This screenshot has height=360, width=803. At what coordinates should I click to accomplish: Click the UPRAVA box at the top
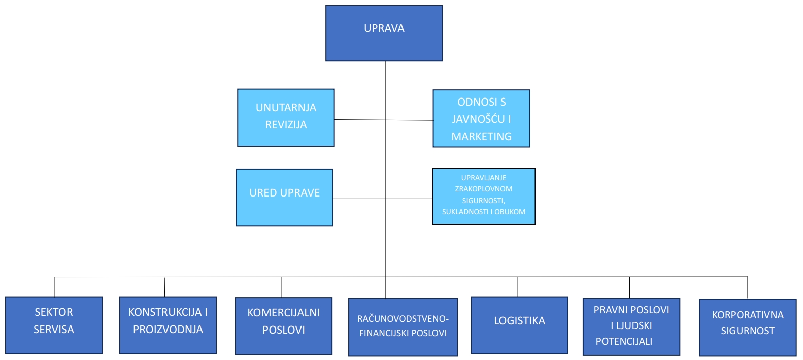point(384,34)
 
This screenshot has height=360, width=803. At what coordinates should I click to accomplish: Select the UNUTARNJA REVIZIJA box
point(286,118)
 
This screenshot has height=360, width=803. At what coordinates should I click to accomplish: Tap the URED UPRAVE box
point(284,198)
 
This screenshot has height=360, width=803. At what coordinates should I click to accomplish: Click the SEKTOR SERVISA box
point(54,325)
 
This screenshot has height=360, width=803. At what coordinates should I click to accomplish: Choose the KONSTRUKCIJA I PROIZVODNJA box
point(168,325)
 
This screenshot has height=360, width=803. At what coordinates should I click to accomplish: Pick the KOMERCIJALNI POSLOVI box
point(283,326)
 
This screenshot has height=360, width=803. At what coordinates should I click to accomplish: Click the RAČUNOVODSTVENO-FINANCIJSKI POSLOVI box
point(403,327)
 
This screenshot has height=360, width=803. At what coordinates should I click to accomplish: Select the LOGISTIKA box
point(519,325)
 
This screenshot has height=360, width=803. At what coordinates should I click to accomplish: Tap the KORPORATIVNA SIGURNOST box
point(748,328)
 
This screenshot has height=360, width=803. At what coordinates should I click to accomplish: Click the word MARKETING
point(481,137)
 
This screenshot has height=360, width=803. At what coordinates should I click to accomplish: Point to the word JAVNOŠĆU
point(478,119)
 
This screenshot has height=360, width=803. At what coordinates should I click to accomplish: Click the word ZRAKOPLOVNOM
point(484,189)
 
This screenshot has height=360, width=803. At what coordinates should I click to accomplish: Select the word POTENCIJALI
point(624,342)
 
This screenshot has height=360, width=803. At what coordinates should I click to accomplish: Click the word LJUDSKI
point(634,325)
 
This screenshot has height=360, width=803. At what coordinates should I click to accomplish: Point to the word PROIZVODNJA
point(168,330)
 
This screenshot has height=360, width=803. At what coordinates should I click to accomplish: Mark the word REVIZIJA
point(286,125)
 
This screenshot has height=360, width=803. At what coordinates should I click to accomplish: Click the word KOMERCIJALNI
point(283,313)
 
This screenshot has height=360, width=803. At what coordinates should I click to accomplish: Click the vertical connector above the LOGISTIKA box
point(517,287)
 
